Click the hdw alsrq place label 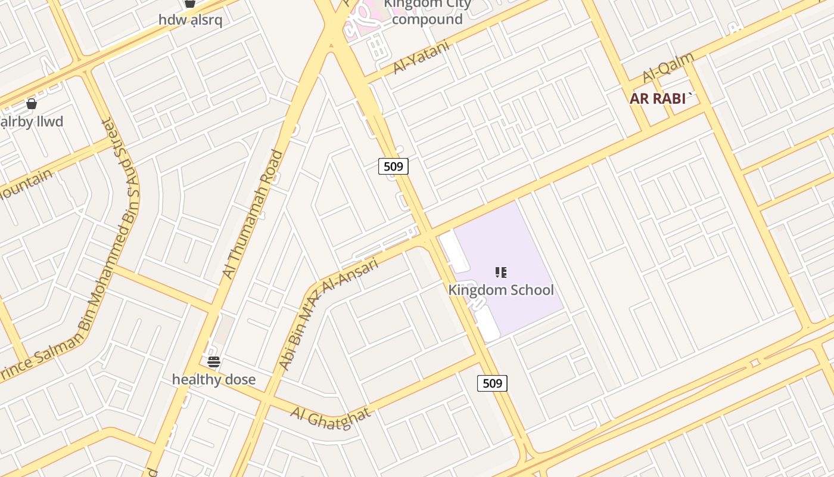coord(190,20)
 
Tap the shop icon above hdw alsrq coord(190,4)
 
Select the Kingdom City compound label coord(427,12)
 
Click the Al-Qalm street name coord(668,68)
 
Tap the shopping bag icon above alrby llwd coord(32,104)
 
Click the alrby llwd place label coord(32,122)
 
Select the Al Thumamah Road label coord(253,215)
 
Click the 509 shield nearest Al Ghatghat coord(492,383)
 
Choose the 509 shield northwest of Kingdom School coord(393,166)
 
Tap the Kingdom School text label coord(501,290)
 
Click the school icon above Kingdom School coord(501,273)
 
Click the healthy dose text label coord(214,379)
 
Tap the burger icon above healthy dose coord(214,361)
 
